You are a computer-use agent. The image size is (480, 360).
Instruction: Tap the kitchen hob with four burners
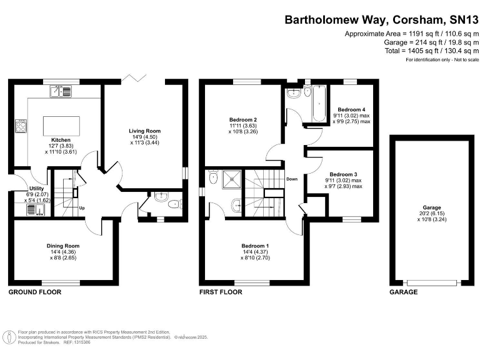[21, 126]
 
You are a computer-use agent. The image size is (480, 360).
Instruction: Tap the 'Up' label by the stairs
[81, 207]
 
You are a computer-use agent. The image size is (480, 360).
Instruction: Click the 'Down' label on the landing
[291, 178]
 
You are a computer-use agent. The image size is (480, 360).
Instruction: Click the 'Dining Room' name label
[63, 246]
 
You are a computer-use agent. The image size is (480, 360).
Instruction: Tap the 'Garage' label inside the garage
[431, 207]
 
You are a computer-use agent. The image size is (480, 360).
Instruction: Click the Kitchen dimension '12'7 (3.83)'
[61, 146]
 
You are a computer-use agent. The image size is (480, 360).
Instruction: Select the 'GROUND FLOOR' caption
[34, 292]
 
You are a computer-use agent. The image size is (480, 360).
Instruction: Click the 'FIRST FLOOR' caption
[221, 292]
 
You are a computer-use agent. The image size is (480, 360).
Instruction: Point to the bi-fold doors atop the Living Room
[133, 77]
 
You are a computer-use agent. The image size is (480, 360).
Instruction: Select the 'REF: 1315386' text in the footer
[77, 343]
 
